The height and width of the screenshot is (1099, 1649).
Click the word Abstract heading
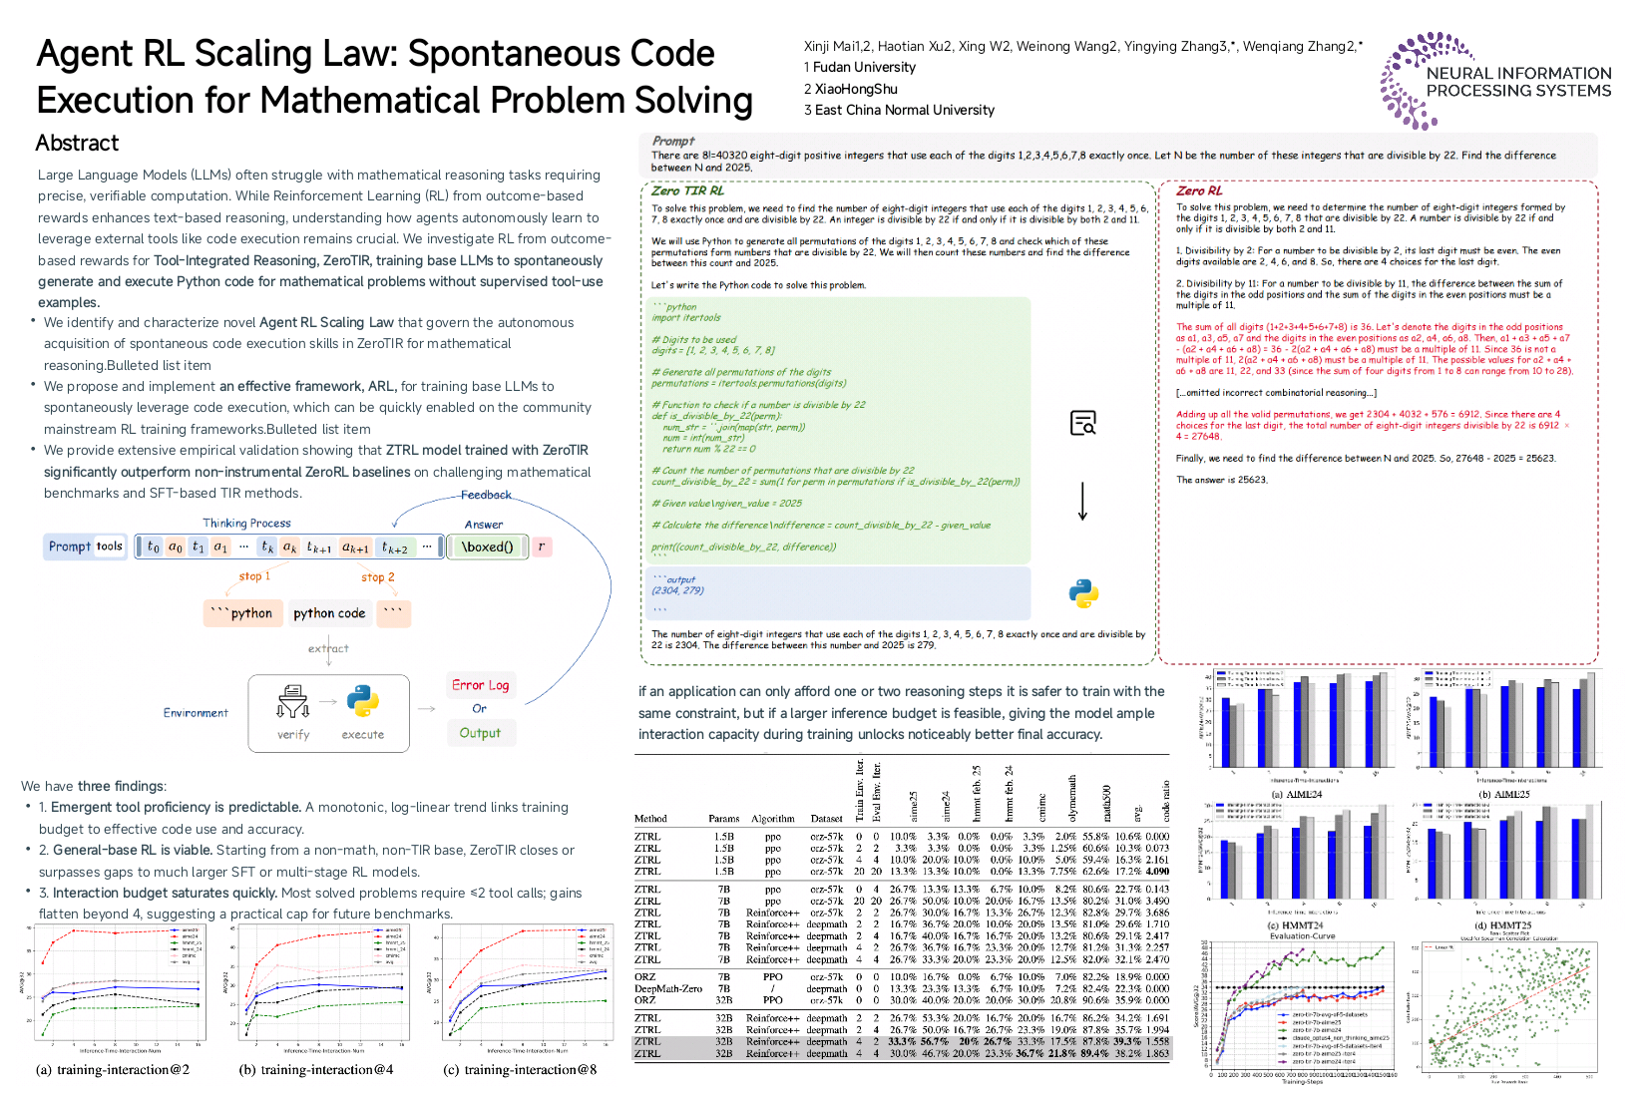[77, 144]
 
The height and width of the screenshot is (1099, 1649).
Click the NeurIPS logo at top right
[1495, 81]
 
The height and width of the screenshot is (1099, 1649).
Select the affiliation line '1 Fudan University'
[860, 68]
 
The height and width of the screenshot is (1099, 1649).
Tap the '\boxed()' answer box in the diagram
[487, 547]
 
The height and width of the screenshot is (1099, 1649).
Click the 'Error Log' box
[480, 685]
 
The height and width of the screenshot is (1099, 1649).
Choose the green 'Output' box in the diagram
[480, 733]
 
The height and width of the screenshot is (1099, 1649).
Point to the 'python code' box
[329, 613]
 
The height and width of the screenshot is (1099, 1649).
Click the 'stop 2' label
[377, 577]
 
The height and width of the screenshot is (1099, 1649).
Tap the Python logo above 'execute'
[362, 701]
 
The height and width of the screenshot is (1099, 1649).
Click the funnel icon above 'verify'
[293, 701]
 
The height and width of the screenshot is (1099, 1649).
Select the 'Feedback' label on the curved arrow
[486, 495]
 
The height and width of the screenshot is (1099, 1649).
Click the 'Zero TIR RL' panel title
[687, 190]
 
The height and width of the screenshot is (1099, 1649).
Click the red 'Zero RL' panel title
[1198, 190]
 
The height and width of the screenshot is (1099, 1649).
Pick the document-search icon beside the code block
[1082, 423]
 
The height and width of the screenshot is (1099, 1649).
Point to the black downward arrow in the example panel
[1082, 501]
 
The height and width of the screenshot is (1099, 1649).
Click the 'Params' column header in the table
[723, 819]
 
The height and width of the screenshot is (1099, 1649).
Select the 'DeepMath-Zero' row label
[667, 988]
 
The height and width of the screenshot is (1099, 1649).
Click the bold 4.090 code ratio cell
[1157, 871]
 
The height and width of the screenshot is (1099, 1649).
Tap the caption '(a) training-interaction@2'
[113, 1070]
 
